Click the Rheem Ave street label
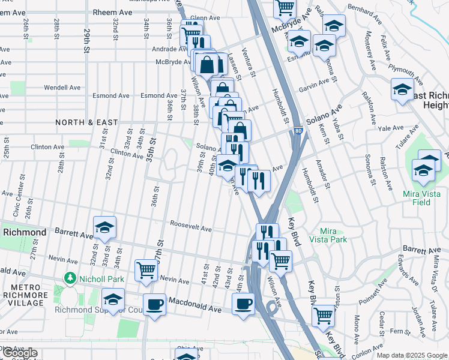coord(112,12)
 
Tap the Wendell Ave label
coord(62,88)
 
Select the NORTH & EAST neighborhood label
coord(86,122)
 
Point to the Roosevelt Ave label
coord(191,229)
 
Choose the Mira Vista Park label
coord(334,235)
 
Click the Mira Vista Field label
coord(424,198)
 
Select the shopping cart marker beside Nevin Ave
coord(146,270)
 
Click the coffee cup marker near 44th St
coord(243,303)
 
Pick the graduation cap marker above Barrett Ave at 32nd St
coord(104,227)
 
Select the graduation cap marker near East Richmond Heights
coord(402,90)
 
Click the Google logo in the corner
coord(20,353)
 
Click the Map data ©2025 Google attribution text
coord(412,355)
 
